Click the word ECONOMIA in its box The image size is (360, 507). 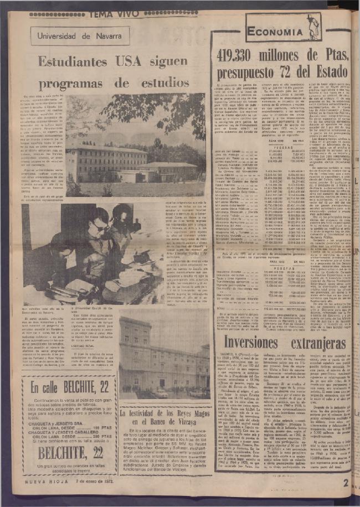[275, 31]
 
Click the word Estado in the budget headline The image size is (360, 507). [330, 71]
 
